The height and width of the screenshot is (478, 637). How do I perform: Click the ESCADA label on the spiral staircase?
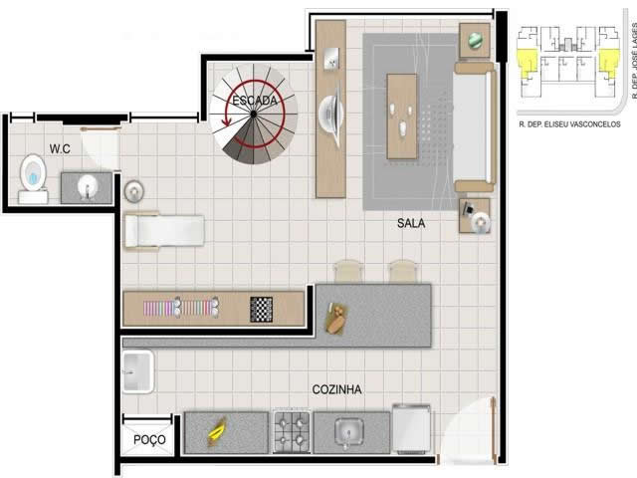click(x=255, y=101)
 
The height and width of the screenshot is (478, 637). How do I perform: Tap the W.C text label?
click(x=60, y=148)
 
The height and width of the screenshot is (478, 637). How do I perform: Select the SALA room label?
click(x=411, y=223)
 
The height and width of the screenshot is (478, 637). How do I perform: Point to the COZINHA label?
click(x=336, y=389)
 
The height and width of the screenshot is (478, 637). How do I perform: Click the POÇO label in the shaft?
click(x=149, y=439)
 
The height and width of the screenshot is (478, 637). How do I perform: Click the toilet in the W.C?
click(x=33, y=179)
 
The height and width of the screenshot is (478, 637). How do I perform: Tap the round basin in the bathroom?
click(x=87, y=187)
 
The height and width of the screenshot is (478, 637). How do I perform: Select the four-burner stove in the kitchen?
click(x=292, y=431)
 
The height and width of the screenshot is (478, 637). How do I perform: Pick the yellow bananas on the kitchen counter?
click(x=217, y=431)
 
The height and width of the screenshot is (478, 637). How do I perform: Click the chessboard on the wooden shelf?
click(x=261, y=310)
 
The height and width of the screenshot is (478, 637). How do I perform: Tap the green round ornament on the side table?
click(x=475, y=40)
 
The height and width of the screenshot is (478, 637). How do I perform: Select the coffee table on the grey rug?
click(x=402, y=117)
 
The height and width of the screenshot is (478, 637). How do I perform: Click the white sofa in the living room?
click(x=475, y=126)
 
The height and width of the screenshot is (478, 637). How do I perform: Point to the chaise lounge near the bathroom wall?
click(x=164, y=231)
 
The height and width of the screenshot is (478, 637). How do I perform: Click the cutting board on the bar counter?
click(x=335, y=319)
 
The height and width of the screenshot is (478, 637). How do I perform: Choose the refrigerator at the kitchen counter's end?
click(x=412, y=429)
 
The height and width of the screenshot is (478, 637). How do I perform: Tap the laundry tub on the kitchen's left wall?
click(x=137, y=371)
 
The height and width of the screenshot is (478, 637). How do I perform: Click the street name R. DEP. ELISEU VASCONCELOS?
click(x=569, y=124)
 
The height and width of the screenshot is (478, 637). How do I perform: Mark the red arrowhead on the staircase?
click(x=226, y=121)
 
